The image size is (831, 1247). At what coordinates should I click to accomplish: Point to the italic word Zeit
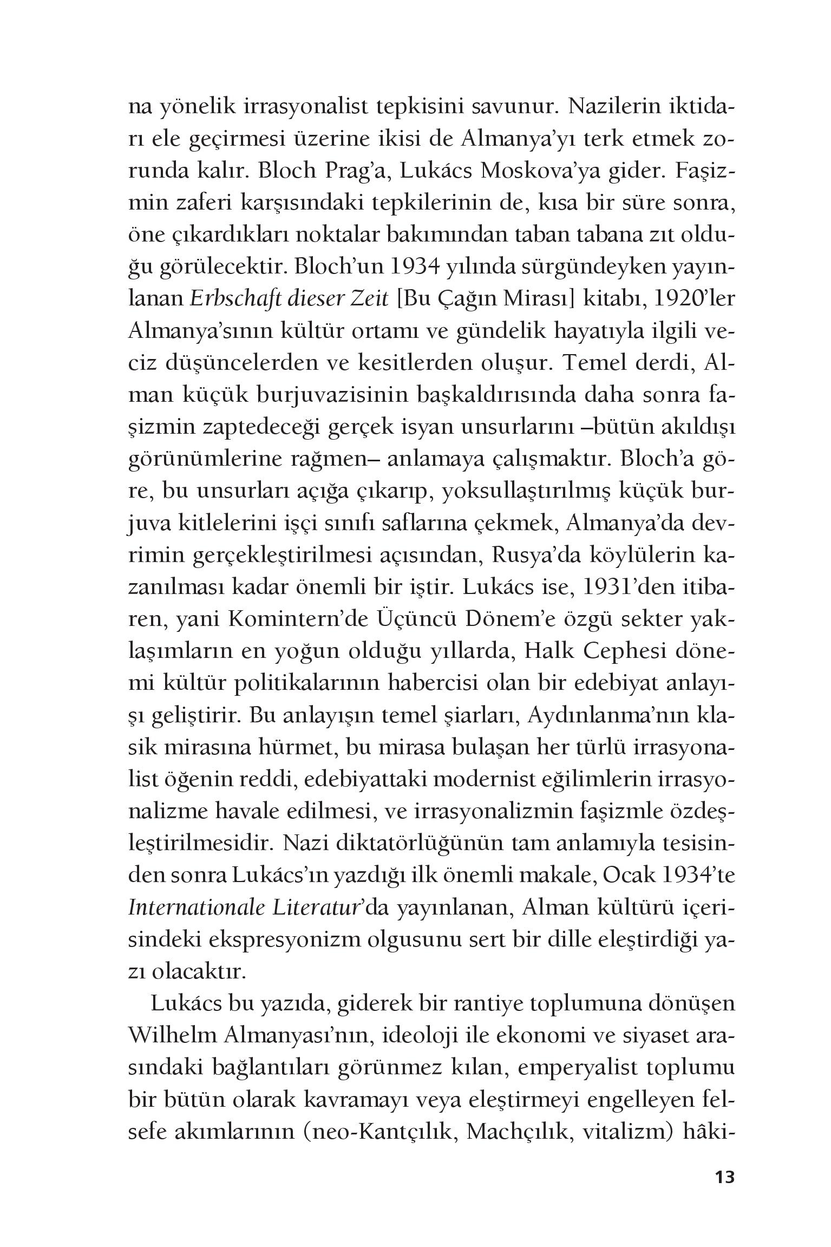pos(369,299)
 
